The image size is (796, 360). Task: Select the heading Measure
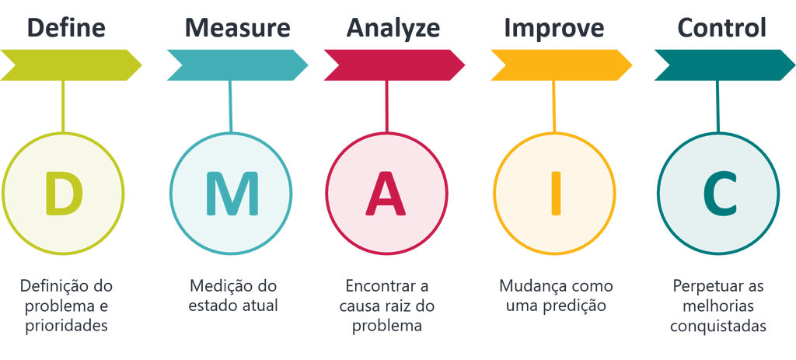pyautogui.click(x=238, y=29)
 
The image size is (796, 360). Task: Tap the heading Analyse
pyautogui.click(x=393, y=29)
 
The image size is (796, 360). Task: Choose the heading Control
pyautogui.click(x=721, y=29)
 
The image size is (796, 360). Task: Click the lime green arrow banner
pyautogui.click(x=70, y=64)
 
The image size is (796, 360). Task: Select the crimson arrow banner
pyautogui.click(x=393, y=64)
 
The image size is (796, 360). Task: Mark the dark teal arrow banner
pyautogui.click(x=721, y=64)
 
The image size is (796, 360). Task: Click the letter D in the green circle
pyautogui.click(x=63, y=194)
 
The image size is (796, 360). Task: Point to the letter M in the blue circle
pyautogui.click(x=231, y=194)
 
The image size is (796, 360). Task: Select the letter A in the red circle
pyautogui.click(x=386, y=194)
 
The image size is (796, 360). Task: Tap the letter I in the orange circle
pyautogui.click(x=553, y=194)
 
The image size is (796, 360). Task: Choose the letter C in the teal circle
pyautogui.click(x=718, y=194)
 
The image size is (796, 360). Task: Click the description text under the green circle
pyautogui.click(x=66, y=306)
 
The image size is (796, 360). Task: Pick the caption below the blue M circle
pyautogui.click(x=232, y=295)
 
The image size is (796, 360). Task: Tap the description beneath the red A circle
pyautogui.click(x=386, y=306)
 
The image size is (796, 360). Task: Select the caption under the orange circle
pyautogui.click(x=556, y=295)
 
